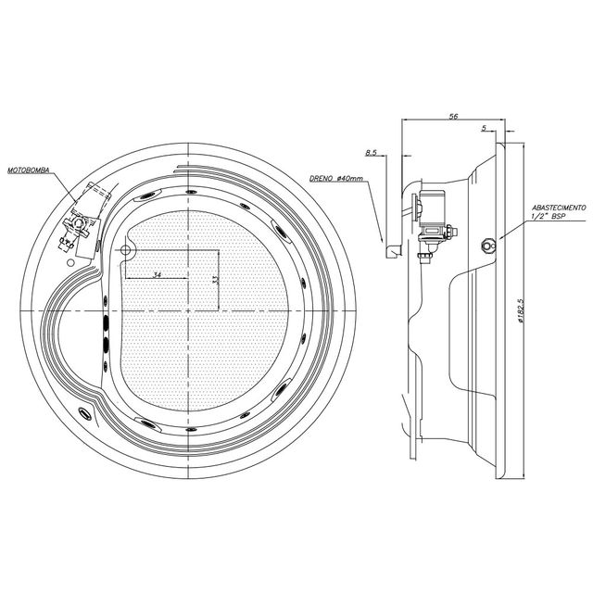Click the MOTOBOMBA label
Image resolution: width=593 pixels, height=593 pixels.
point(29,170)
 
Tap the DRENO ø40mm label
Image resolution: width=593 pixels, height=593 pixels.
point(335,178)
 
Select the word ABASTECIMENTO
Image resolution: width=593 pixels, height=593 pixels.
point(559,208)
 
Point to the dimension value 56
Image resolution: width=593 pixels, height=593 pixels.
point(453,117)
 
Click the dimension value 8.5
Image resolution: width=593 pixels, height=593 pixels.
point(371,153)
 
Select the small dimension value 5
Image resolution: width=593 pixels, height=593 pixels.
point(484,128)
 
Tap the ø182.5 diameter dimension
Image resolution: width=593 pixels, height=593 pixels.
point(521,310)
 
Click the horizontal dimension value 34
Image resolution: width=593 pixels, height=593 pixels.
point(157,274)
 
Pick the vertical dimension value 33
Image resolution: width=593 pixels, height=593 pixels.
point(215,280)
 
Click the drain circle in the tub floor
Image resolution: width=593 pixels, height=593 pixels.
point(125,249)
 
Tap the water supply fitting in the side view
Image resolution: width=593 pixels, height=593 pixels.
point(487,245)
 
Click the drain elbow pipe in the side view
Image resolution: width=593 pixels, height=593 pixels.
point(394,251)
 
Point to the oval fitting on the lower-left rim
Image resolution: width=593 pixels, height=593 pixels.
point(84,413)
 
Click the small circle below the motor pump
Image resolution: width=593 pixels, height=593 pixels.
point(69,262)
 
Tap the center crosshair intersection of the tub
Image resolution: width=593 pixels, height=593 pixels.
point(188,311)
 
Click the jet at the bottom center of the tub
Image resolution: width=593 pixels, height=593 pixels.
point(191,429)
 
